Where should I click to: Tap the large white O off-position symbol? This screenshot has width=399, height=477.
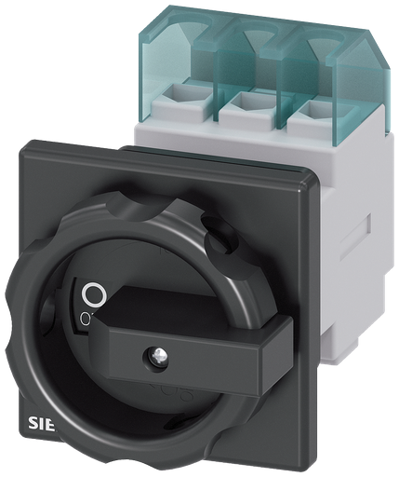(92, 295)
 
